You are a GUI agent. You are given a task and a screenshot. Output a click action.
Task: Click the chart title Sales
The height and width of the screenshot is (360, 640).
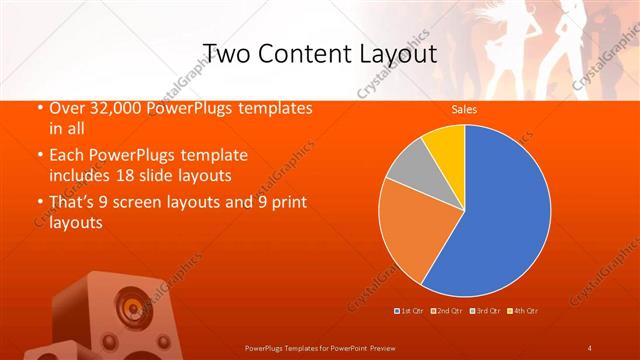click(463, 108)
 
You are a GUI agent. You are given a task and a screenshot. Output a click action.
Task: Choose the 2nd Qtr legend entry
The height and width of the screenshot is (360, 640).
click(448, 312)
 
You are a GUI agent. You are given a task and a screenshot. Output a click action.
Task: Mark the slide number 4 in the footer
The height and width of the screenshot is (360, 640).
click(590, 347)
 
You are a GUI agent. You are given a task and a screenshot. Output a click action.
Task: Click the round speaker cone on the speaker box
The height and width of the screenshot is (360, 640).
click(131, 303)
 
